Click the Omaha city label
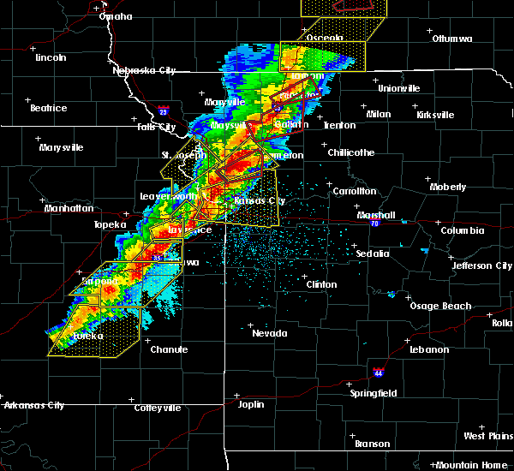[x=115, y=16]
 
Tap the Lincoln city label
[x=51, y=57]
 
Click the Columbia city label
[x=463, y=230]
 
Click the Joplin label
[x=251, y=403]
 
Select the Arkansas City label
[x=33, y=405]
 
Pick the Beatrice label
[x=48, y=108]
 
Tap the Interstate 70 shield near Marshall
[x=375, y=222]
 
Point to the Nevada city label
[x=269, y=332]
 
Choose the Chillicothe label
[x=351, y=152]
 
